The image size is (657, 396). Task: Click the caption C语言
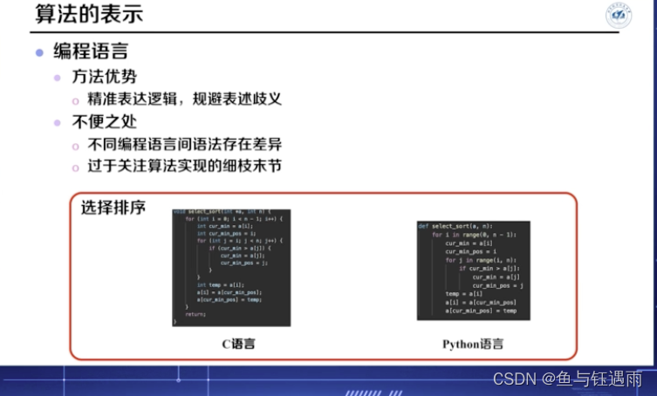click(231, 343)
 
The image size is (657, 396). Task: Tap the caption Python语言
click(473, 343)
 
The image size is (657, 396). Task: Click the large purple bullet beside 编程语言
click(39, 52)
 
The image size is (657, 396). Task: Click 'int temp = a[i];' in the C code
click(215, 284)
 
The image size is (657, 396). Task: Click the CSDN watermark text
click(567, 379)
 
